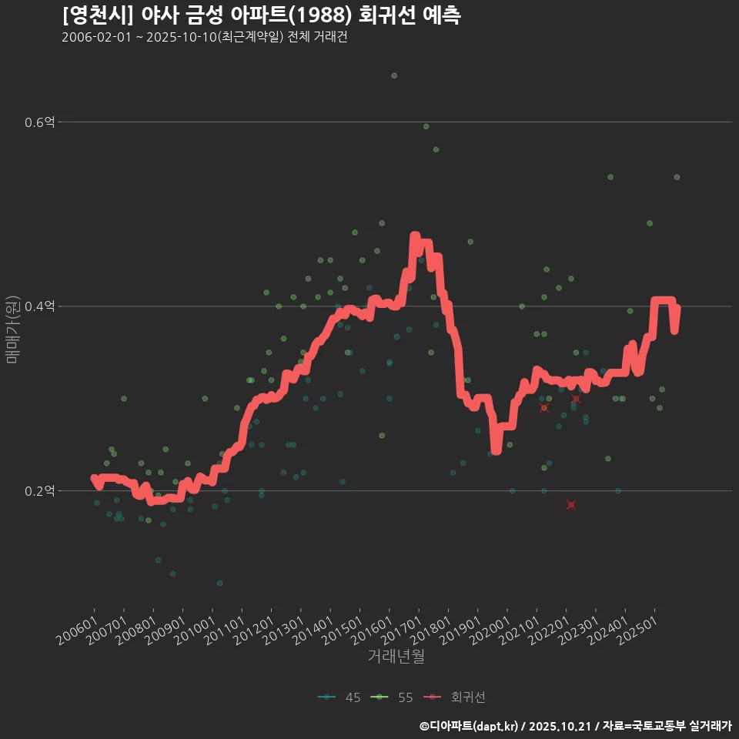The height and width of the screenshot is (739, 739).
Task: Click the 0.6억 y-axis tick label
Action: (39, 122)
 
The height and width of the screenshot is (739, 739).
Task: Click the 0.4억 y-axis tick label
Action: (39, 306)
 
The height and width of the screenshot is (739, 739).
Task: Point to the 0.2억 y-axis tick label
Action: (39, 490)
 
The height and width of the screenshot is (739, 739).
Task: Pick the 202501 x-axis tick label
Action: (638, 631)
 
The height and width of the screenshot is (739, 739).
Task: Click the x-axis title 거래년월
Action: (396, 656)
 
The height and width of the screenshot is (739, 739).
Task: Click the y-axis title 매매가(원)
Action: (12, 329)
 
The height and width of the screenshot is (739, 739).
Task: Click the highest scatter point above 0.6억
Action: (394, 75)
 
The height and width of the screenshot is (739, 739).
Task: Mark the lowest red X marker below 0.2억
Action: (571, 505)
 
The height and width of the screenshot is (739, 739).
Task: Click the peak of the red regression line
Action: (415, 236)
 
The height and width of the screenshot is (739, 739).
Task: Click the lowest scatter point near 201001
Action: (219, 583)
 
